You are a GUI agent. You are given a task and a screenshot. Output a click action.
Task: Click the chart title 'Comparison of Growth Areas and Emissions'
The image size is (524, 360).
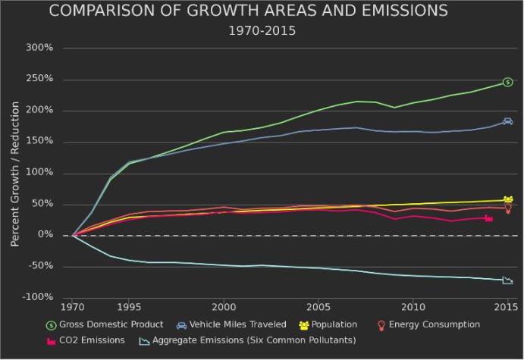[248, 11]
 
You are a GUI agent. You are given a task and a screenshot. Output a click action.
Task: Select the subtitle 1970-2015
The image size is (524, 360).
[262, 31]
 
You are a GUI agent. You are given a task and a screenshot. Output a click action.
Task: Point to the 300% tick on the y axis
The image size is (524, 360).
[39, 48]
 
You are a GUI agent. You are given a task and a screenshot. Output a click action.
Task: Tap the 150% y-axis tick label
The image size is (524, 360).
[39, 142]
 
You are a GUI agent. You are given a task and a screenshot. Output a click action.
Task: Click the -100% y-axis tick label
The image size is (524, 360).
[38, 297]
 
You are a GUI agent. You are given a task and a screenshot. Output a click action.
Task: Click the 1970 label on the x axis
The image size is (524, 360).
[72, 308]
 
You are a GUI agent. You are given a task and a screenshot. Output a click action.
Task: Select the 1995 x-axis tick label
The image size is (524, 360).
[129, 308]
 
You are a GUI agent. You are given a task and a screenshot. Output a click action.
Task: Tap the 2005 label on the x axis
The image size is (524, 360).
[318, 308]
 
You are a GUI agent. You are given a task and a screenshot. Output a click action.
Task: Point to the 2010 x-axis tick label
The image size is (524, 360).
[413, 308]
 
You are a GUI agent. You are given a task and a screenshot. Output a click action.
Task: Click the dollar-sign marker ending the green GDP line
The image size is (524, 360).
[507, 82]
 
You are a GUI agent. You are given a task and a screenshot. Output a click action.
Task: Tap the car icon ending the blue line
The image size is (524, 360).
[507, 121]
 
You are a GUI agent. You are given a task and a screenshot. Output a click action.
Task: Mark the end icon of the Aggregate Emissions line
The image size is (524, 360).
[507, 280]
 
